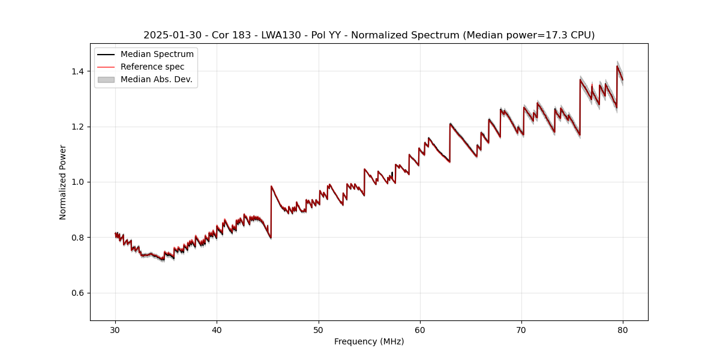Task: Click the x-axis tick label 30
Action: (116, 329)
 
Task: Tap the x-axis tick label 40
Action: (217, 329)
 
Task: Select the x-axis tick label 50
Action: (319, 329)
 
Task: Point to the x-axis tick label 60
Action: (420, 329)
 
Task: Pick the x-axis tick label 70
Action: (521, 329)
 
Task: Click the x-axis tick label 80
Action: (623, 329)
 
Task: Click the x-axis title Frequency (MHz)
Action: (369, 341)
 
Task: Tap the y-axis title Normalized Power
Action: (63, 182)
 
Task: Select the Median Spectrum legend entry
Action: (157, 55)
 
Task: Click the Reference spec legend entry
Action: (152, 67)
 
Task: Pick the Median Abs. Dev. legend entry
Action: (156, 79)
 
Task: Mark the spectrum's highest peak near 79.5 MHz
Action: (617, 66)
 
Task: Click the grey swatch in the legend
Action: (106, 79)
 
